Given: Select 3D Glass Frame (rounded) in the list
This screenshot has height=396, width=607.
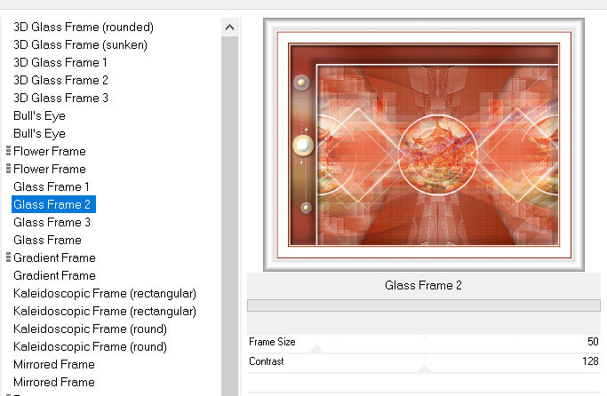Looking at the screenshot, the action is (x=84, y=27).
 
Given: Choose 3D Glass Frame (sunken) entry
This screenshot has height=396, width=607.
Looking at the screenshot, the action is (x=80, y=45).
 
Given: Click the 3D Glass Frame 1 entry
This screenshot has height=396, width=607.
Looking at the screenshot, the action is (x=60, y=63).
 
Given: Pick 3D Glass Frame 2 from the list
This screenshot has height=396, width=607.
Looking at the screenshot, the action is (x=60, y=81).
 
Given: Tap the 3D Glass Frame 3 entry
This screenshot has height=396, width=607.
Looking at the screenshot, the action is (x=60, y=99).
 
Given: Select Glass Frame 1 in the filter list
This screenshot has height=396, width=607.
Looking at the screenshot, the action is (x=51, y=186).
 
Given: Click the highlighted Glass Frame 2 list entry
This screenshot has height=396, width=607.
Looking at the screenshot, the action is (x=53, y=204).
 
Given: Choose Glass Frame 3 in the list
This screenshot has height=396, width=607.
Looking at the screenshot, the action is (x=52, y=222).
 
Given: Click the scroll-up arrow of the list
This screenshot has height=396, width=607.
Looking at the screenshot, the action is (x=229, y=28).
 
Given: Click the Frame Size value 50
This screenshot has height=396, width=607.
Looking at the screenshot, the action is (x=593, y=342).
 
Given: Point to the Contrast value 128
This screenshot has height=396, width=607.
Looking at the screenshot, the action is (x=590, y=361).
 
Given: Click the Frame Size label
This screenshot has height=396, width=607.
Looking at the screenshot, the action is (x=272, y=342).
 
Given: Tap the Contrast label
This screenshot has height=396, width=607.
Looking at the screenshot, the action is (x=266, y=361).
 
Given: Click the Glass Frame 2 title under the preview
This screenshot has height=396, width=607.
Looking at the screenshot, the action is (x=423, y=285).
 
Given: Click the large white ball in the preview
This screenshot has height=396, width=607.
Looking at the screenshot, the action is (x=303, y=146).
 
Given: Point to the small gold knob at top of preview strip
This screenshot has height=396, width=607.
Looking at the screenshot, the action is (x=301, y=82).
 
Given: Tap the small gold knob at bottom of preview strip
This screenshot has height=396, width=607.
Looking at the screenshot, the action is (x=306, y=208).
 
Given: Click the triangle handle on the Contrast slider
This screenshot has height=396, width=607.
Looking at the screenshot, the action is (x=424, y=368).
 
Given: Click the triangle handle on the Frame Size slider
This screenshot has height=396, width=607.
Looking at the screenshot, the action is (x=317, y=349).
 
